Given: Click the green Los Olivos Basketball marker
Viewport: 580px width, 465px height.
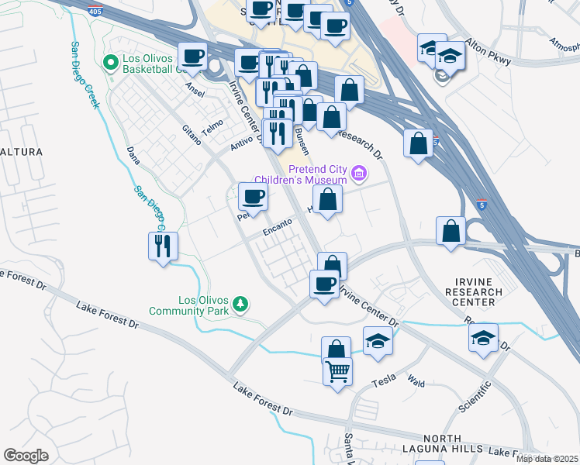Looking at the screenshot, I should click(x=110, y=60).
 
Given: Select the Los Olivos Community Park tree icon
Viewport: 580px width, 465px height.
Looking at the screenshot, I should click(x=240, y=305).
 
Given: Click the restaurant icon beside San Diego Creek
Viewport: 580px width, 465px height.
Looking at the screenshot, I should click(x=162, y=246).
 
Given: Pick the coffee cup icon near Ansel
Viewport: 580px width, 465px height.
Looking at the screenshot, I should click(x=192, y=56).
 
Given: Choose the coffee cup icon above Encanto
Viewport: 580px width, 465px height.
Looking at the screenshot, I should click(x=252, y=197).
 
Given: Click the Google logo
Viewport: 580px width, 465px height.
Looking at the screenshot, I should click(x=26, y=456).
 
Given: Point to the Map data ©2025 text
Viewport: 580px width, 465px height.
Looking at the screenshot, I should click(x=547, y=459).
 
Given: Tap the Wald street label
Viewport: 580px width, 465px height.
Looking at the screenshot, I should click(x=416, y=381).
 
